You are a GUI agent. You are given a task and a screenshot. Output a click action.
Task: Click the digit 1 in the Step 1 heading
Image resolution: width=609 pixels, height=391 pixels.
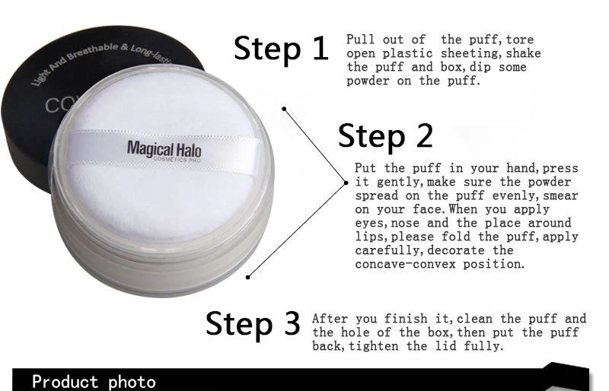pyautogui.click(x=320, y=48)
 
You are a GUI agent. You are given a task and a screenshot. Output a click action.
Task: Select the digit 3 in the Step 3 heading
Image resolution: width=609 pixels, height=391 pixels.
pyautogui.click(x=292, y=323)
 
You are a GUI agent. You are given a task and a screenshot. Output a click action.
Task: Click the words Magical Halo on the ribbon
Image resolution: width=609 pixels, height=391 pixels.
pyautogui.click(x=164, y=150)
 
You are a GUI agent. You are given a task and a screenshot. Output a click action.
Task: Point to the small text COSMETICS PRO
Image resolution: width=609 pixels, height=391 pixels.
pyautogui.click(x=177, y=159)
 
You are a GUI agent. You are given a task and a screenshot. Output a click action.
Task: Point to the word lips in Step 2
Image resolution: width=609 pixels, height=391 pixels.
pyautogui.click(x=369, y=237)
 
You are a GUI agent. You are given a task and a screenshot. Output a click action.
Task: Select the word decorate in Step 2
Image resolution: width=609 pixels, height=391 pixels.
pyautogui.click(x=455, y=250)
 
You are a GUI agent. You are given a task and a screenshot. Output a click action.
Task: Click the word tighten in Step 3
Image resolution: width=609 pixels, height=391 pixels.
pyautogui.click(x=373, y=346)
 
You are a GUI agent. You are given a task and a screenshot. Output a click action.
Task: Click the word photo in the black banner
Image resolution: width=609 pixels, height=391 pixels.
pyautogui.click(x=132, y=382)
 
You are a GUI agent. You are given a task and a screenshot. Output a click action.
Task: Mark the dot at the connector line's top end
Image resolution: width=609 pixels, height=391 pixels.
pyautogui.click(x=284, y=109)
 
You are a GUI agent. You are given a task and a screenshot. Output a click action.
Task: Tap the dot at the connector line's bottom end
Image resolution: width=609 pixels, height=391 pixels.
pyautogui.click(x=248, y=277)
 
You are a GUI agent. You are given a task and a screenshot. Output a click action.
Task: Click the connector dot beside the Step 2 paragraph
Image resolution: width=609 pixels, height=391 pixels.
pyautogui.click(x=346, y=183)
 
